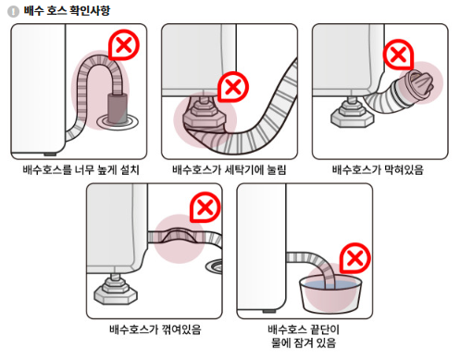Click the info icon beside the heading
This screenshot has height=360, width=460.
pos(13,10)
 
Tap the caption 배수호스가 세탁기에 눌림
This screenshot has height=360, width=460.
pos(229,169)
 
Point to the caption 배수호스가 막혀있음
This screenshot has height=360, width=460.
pos(378,169)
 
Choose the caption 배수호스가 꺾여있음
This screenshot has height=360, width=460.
pos(154,328)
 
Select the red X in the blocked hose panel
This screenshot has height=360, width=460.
pos(399,54)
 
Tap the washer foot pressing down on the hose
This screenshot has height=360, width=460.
pos(201,117)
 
